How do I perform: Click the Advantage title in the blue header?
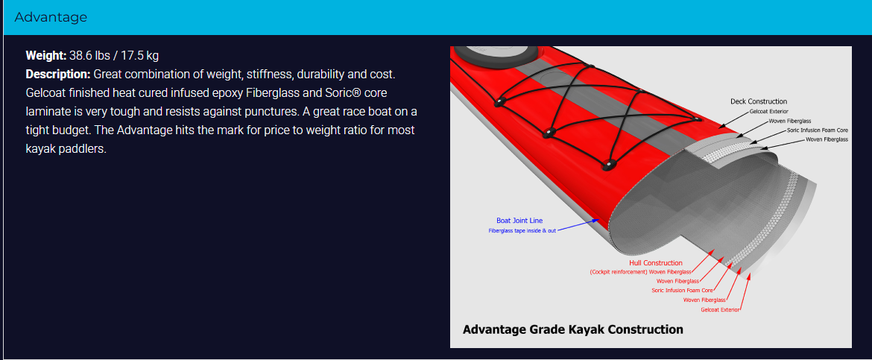point(51,17)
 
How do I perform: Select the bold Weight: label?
point(46,56)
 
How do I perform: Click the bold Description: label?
point(58,75)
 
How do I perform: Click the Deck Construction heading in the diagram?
point(759,101)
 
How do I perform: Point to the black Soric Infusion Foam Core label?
point(818,130)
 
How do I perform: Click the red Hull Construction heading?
point(656,262)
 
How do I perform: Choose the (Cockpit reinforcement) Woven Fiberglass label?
point(640,272)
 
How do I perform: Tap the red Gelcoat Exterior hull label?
point(721,309)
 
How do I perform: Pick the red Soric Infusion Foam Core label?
point(683,291)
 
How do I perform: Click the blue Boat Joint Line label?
point(519,221)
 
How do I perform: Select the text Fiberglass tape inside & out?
point(522,230)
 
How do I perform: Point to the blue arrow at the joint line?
point(579,225)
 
